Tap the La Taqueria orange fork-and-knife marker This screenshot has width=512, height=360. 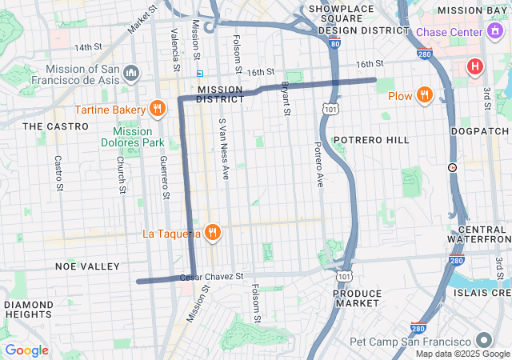click(212, 233)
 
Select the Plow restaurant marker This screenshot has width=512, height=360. click(424, 96)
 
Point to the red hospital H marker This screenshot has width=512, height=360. click(475, 66)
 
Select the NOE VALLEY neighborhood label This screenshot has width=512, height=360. click(87, 266)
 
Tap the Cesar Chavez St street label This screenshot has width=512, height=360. click(211, 276)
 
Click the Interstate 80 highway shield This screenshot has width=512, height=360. click(334, 45)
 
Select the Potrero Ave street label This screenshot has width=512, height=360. click(318, 164)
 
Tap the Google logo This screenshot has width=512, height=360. click(26, 350)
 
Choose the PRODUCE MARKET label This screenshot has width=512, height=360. click(357, 298)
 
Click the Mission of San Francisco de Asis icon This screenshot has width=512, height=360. click(131, 74)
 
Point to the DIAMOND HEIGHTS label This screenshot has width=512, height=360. click(29, 310)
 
